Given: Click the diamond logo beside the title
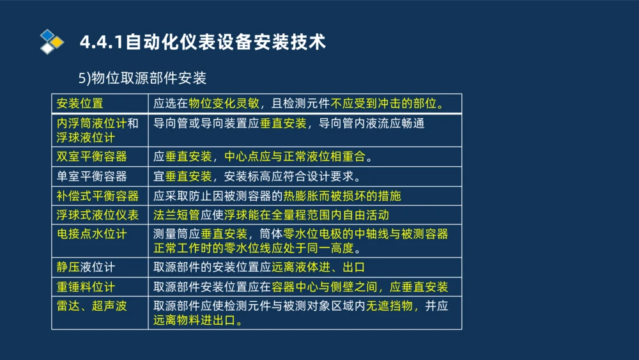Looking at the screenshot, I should [52, 42].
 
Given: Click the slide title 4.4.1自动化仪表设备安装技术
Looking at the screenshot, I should [203, 42].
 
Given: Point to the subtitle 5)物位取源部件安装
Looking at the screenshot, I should [142, 78].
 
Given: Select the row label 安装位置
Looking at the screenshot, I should [80, 104].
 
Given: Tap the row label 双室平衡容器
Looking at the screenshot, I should [91, 157].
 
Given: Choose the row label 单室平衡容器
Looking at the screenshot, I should [91, 176].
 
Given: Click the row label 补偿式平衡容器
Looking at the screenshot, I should [97, 196].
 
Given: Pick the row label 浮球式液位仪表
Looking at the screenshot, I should [97, 215].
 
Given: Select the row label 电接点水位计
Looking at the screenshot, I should [91, 234].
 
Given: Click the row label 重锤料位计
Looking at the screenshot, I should [86, 287].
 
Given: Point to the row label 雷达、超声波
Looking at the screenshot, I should [91, 306].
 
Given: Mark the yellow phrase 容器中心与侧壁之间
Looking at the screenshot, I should [324, 287].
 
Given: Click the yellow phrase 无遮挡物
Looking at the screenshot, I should [389, 306].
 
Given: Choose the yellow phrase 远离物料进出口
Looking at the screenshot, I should [194, 321].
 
